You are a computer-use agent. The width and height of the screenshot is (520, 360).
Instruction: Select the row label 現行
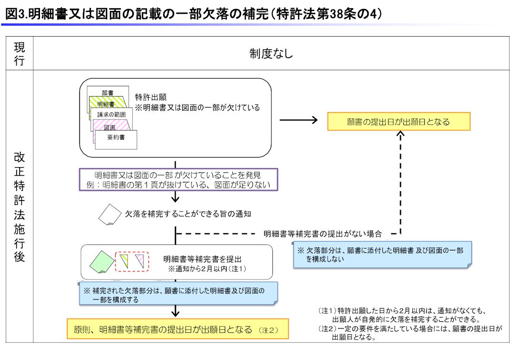pos(20,53)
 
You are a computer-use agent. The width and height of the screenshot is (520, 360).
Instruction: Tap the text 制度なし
pos(271,54)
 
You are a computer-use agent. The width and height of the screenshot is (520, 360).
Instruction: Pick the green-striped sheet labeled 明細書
pos(106,103)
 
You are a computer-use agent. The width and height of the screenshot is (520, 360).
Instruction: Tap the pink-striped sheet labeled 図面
pos(110,127)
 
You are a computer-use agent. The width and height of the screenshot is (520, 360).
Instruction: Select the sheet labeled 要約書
pos(116,139)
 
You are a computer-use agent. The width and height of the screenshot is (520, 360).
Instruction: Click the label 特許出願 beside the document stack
pos(150,96)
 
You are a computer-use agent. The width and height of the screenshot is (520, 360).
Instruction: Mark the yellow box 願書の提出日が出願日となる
pos(399,122)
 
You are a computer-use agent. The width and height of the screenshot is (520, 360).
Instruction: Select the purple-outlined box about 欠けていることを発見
pos(179,180)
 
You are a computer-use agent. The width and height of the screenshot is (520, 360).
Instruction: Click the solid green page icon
pos(102,261)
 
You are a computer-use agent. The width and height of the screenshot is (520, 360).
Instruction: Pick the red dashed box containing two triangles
pos(132,261)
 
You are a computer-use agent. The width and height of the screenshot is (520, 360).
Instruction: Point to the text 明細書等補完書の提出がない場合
pos(322,234)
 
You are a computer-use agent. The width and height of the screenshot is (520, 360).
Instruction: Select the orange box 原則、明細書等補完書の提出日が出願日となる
pos(177,329)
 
